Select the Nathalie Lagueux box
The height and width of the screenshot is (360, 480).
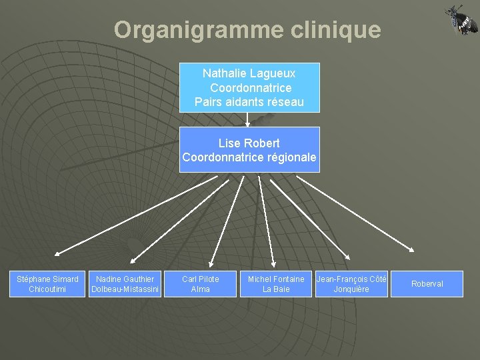tap(249, 87)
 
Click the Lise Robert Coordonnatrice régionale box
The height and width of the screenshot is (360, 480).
tap(249, 150)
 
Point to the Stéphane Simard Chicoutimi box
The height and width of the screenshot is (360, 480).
tap(47, 284)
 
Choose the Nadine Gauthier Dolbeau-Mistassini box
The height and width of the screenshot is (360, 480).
tap(125, 284)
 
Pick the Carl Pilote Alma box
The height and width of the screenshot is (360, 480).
tap(200, 284)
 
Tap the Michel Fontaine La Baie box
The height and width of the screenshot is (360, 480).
tap(276, 284)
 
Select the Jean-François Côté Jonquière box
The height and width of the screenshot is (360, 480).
tap(351, 284)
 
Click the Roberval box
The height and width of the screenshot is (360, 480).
tap(427, 284)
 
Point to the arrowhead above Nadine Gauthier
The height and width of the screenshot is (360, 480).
tap(133, 260)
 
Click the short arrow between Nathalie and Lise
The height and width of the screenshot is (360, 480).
tap(247, 119)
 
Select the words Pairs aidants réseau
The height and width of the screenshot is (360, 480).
tap(249, 102)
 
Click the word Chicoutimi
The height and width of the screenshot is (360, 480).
tap(47, 289)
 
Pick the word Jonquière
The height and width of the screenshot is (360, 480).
tap(351, 289)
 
